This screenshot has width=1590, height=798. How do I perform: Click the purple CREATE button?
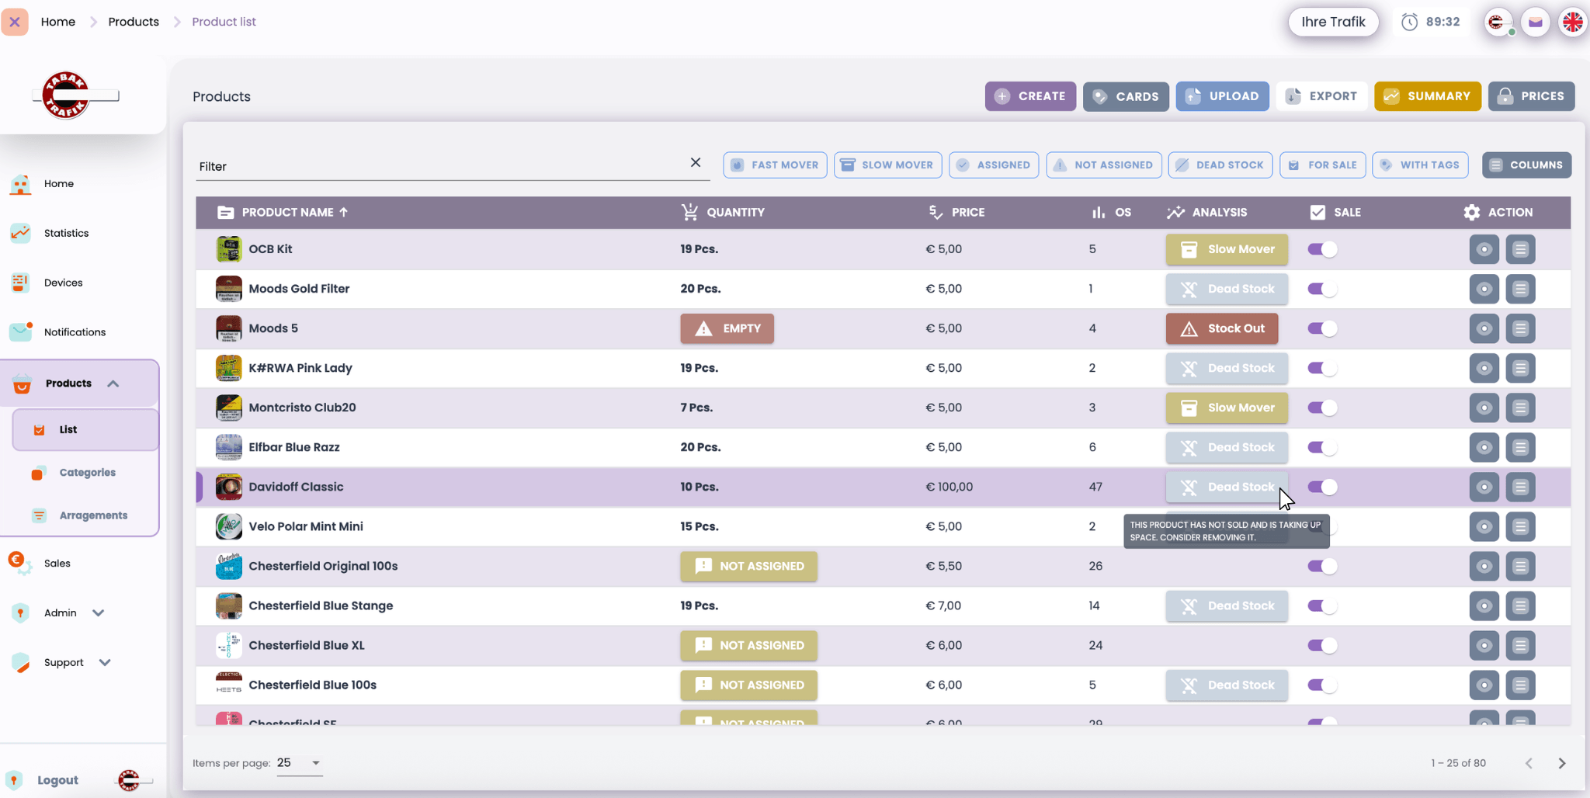pos(1030,96)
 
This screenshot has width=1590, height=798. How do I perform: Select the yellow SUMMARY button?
pos(1427,96)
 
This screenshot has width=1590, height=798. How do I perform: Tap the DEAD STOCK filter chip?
pos(1220,165)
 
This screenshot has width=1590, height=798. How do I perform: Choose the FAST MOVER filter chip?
pos(775,165)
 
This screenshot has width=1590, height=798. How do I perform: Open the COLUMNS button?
pos(1526,165)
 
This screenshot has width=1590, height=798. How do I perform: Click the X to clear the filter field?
pos(696,162)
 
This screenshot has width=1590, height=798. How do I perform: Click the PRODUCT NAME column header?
pos(287,212)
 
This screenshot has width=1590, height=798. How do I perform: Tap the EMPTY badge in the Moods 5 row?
pos(727,328)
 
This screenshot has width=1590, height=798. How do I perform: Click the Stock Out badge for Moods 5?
pos(1222,328)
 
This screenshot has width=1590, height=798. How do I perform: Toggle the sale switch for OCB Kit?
pos(1322,249)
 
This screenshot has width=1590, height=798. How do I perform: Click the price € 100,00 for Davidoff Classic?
pos(949,487)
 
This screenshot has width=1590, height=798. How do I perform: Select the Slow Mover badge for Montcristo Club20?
pos(1227,408)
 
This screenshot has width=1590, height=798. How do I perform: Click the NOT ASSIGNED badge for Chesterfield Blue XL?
pos(748,645)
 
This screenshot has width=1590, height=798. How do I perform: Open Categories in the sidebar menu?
pos(87,472)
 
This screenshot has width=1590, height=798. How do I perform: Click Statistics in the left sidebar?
pos(66,233)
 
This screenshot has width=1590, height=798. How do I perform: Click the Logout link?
pos(57,780)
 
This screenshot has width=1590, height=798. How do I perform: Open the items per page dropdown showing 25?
pos(299,763)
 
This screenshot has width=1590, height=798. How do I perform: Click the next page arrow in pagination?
pos(1562,763)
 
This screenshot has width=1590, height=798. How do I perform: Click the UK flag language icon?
pos(1572,22)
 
